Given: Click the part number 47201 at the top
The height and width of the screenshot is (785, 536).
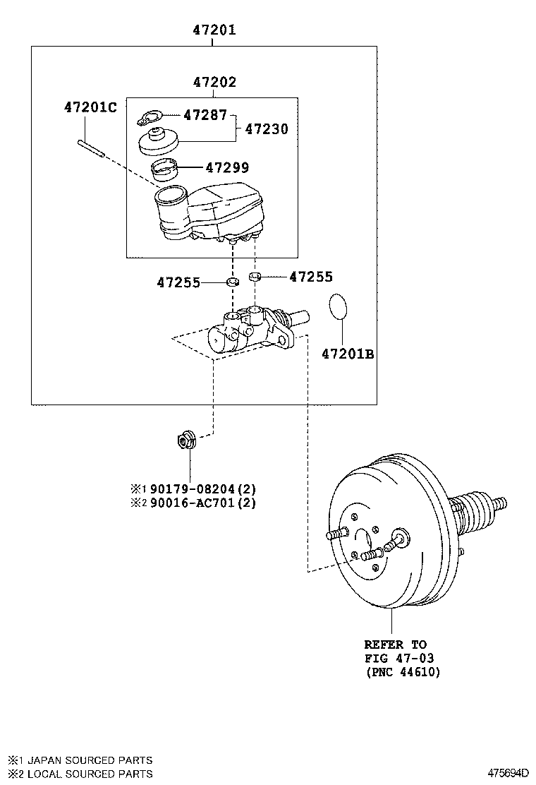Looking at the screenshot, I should coord(214,30).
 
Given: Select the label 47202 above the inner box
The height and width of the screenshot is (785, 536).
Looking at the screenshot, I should coord(214,83).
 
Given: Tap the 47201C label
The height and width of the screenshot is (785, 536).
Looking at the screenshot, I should coord(90,108).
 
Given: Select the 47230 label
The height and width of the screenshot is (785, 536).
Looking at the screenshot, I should coord(266,129).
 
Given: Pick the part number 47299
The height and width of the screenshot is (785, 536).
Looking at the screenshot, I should coord(227,168).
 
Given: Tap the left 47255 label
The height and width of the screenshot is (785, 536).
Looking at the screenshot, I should coord(178,283).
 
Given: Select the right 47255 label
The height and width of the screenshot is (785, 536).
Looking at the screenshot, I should coord(310,277).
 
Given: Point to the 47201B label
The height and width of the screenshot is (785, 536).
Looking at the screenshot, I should coord(348,354).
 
